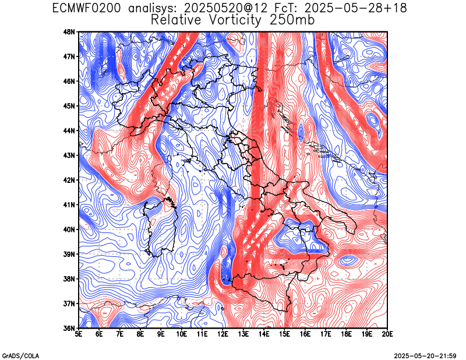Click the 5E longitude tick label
(79, 334)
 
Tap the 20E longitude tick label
(387, 334)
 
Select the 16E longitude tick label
(305, 334)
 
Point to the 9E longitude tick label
(161, 334)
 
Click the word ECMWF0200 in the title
(86, 8)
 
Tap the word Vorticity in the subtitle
(235, 20)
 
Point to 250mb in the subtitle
(292, 20)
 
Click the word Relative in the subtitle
(176, 20)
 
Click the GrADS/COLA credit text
(21, 356)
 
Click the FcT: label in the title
(285, 8)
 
